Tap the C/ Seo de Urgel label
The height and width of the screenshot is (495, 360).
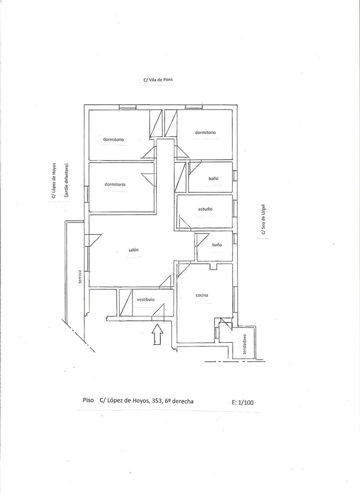tap(263, 220)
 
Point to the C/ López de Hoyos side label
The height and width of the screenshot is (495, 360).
tap(54, 181)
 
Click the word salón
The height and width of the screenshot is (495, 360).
tap(133, 250)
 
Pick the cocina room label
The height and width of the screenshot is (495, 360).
tap(202, 295)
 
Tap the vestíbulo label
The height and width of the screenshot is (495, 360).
tap(146, 299)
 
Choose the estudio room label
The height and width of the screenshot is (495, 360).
tap(205, 209)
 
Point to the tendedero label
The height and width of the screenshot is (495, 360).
tap(245, 344)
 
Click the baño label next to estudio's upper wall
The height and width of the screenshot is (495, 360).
tap(213, 178)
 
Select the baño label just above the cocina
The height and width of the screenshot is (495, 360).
tap(217, 245)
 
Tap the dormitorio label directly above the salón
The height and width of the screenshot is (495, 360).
tap(115, 184)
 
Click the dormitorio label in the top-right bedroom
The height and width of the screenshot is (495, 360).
tap(205, 133)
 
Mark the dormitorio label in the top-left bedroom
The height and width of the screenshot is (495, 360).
tap(113, 139)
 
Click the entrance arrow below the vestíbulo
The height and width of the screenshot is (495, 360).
tap(157, 334)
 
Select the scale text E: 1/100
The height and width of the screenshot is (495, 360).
tap(243, 402)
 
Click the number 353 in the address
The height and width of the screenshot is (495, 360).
tap(156, 401)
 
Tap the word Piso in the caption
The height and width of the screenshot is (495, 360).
tap(89, 400)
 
